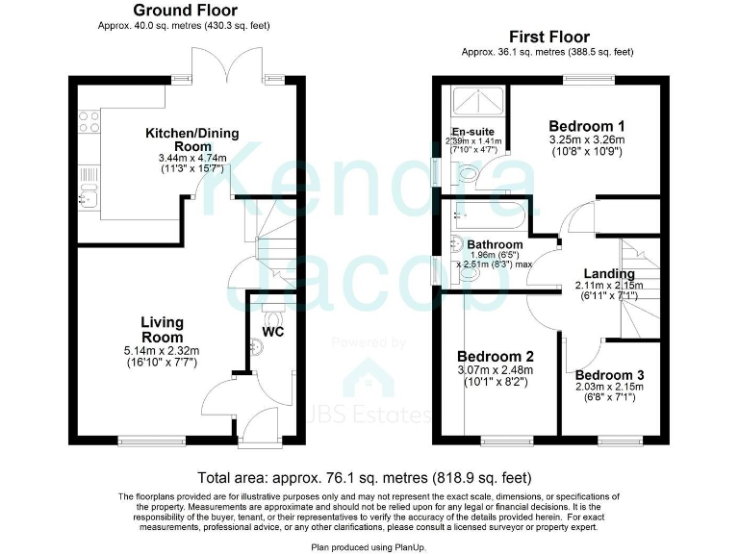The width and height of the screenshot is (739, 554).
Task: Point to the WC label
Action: pos(274,334)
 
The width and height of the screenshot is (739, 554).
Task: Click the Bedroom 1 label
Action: pos(587,126)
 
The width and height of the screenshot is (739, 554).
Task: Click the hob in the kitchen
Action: pos(88,121)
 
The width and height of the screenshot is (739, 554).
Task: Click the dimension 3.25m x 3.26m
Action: pos(587,140)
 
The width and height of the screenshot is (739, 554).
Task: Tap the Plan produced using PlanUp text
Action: pos(369,545)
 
